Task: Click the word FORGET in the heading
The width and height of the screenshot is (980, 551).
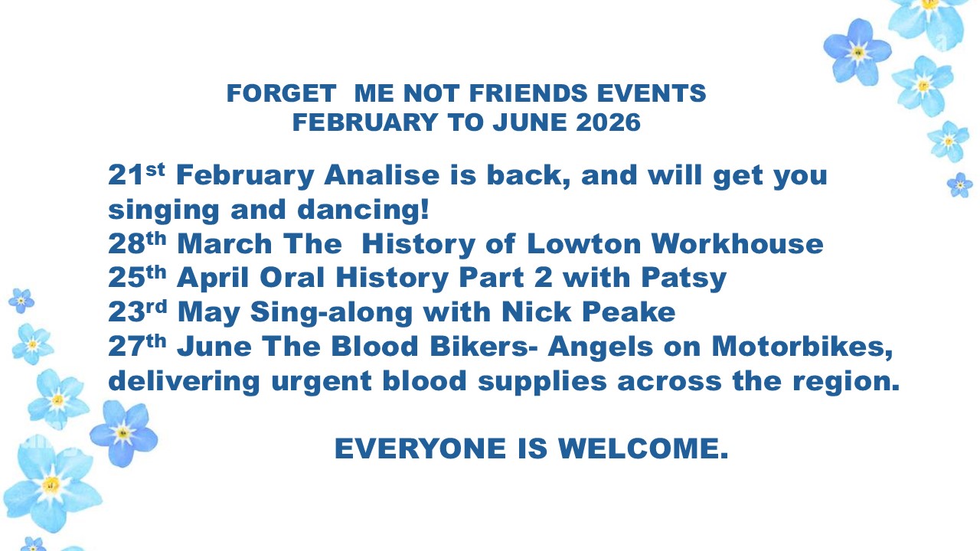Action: [281, 93]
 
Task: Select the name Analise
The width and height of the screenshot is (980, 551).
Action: [381, 175]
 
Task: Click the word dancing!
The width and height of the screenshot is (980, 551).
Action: [363, 209]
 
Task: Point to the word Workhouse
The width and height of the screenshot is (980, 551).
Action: [737, 243]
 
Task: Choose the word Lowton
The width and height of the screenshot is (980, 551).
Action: [584, 243]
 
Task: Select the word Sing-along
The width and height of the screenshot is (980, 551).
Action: [332, 313]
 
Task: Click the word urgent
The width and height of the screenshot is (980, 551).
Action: [321, 382]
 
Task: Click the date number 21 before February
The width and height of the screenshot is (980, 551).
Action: [126, 175]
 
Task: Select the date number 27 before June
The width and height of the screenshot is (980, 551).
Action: [126, 347]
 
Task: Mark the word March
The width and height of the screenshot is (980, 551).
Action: [224, 243]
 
